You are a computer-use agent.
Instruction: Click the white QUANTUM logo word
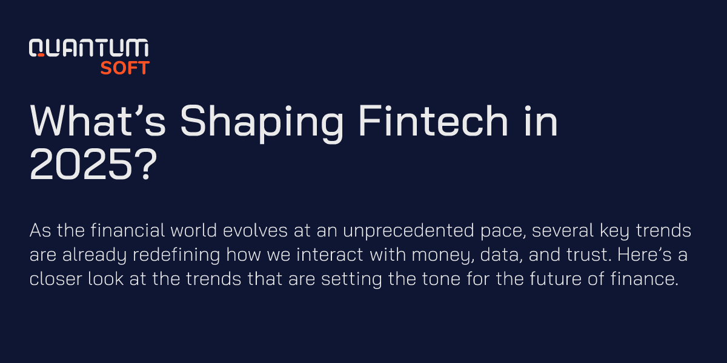pos(89,48)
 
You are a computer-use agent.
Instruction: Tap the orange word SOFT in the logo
pos(124,68)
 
